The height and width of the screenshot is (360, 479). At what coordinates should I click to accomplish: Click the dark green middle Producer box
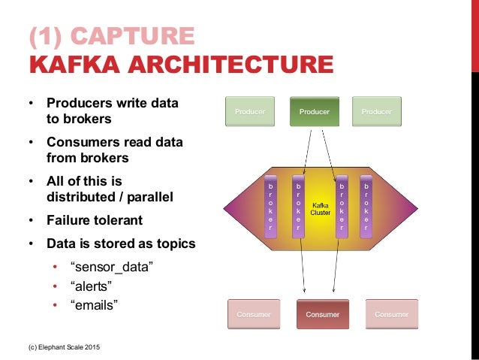click(315, 112)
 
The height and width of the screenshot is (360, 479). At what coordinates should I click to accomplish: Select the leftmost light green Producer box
click(251, 112)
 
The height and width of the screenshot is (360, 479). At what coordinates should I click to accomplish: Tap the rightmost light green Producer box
click(377, 112)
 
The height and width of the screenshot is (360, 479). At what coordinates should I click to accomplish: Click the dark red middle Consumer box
click(322, 314)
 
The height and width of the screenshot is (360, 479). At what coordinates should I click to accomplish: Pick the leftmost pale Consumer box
click(255, 314)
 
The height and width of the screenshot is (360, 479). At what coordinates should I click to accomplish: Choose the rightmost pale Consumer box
click(391, 314)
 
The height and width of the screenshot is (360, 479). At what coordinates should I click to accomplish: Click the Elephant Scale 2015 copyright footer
click(62, 347)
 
